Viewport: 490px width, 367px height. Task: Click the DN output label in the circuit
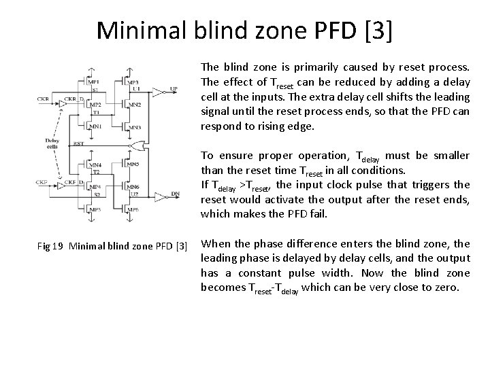coord(176,194)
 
